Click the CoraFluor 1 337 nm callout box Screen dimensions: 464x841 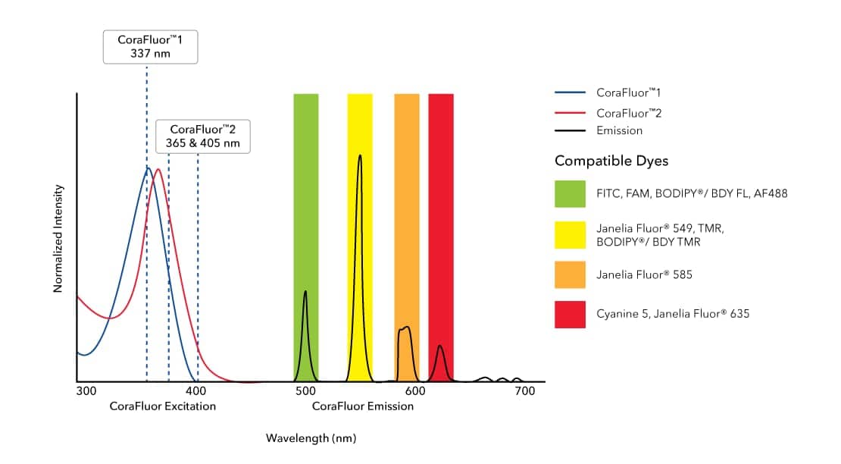(x=150, y=47)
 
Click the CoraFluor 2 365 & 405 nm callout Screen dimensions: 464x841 (x=203, y=136)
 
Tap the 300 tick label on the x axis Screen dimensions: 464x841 (x=86, y=391)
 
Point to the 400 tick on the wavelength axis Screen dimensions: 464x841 (x=196, y=391)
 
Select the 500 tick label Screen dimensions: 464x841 (x=305, y=391)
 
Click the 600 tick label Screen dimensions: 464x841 (x=415, y=391)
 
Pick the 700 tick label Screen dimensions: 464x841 (x=525, y=391)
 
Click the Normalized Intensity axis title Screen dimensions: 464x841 (x=58, y=238)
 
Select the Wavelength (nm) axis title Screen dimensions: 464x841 (x=311, y=438)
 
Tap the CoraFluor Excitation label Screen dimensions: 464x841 (x=162, y=406)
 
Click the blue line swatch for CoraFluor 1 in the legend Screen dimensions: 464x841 (x=570, y=92)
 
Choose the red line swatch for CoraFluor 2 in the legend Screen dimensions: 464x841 (x=570, y=112)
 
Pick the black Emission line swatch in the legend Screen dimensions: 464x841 (x=570, y=130)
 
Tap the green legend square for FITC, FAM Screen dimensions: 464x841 (x=570, y=194)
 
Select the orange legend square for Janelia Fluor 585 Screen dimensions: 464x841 (x=570, y=274)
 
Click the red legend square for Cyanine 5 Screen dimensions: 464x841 (x=570, y=314)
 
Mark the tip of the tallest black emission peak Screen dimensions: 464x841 (x=360, y=155)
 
